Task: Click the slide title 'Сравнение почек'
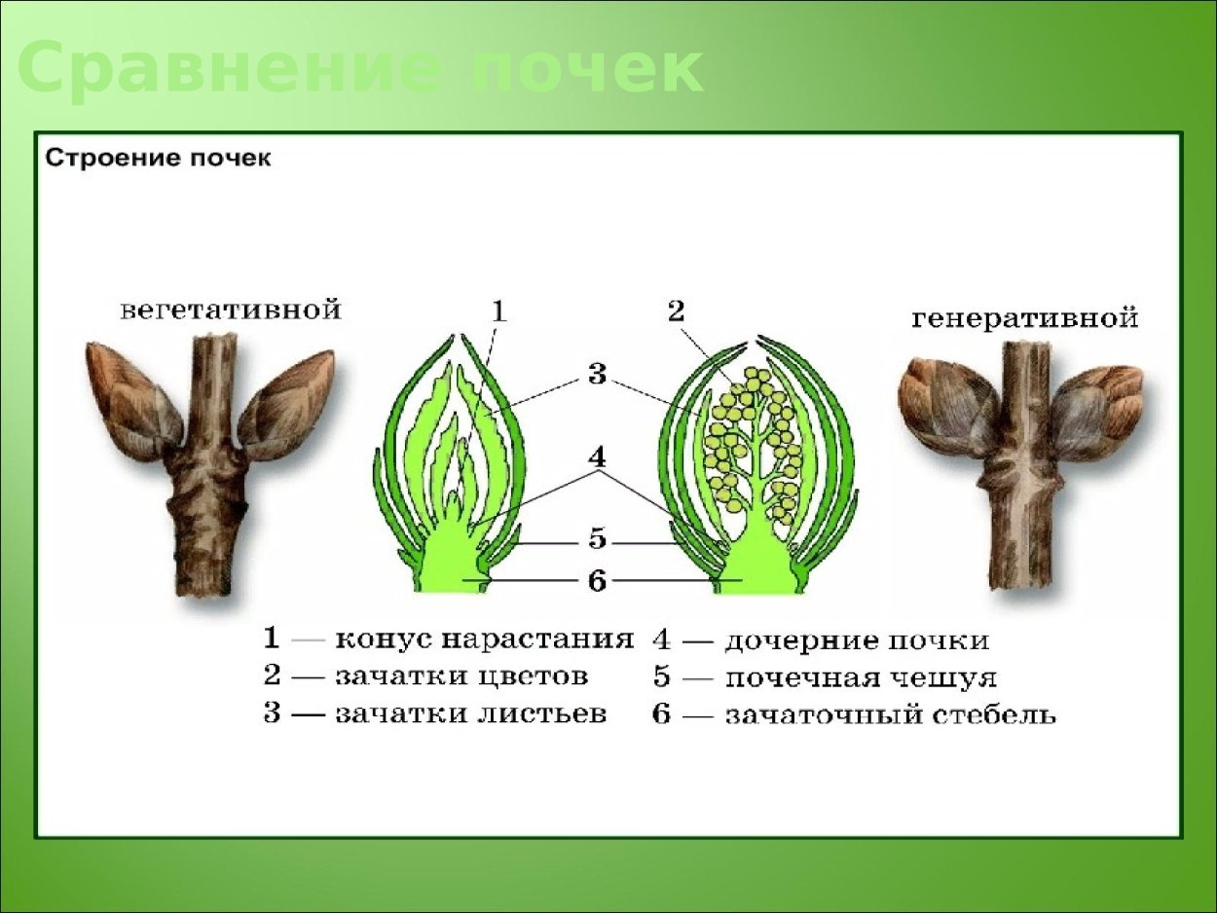point(360,69)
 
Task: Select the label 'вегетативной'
point(231,310)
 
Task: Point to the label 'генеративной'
point(1025,318)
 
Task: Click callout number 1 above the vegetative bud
point(498,311)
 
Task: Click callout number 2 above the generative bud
point(676,311)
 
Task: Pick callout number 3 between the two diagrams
point(596,373)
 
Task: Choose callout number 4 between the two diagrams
point(596,456)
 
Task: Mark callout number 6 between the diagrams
point(596,581)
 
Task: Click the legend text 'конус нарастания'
point(484,640)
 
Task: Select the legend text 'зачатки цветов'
point(461,676)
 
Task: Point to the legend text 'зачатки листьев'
point(470,713)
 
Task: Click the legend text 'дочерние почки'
point(857,640)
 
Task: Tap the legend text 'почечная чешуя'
point(861,677)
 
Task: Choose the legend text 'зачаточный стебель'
point(890,715)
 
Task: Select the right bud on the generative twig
point(1095,409)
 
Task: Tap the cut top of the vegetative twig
point(215,340)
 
